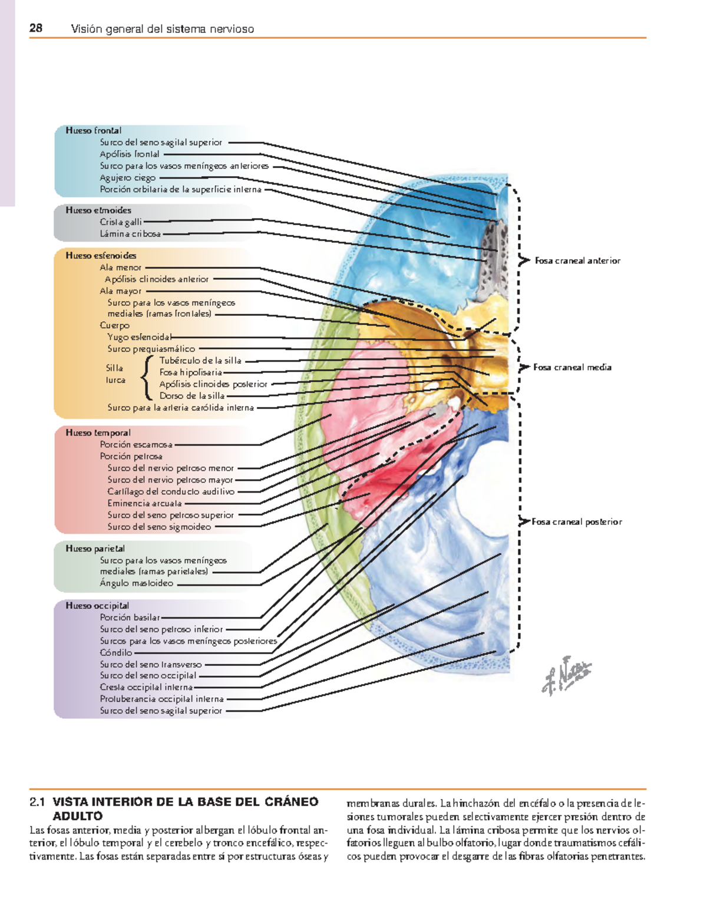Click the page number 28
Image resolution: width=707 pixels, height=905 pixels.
[x=36, y=28]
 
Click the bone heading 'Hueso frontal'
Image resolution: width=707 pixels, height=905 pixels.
[x=93, y=130]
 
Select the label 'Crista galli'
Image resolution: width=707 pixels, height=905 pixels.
[x=121, y=222]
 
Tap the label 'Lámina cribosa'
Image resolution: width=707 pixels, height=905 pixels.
[x=130, y=234]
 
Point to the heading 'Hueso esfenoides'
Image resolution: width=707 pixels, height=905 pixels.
[x=101, y=256]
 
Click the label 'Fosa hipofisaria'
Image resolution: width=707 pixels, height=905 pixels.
[x=190, y=372]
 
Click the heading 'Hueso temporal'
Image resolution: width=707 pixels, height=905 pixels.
[x=98, y=432]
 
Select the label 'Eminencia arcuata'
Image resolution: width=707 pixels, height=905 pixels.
[x=144, y=503]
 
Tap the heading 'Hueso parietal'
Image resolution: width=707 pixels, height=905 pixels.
[x=95, y=549]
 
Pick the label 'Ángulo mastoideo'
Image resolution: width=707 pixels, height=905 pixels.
[x=137, y=583]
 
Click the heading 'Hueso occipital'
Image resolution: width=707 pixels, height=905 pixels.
[x=97, y=606]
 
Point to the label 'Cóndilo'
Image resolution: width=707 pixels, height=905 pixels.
[x=116, y=653]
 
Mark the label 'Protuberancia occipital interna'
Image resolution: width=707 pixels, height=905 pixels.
[x=161, y=699]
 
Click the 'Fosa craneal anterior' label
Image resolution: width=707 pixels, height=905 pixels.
[x=577, y=260]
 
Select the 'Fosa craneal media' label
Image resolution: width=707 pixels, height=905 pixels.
[x=572, y=367]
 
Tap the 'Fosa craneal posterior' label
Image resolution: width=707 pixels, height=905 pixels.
[x=577, y=522]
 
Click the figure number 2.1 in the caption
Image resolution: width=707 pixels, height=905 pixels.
[x=37, y=802]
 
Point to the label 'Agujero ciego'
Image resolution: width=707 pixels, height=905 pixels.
[x=127, y=178]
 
